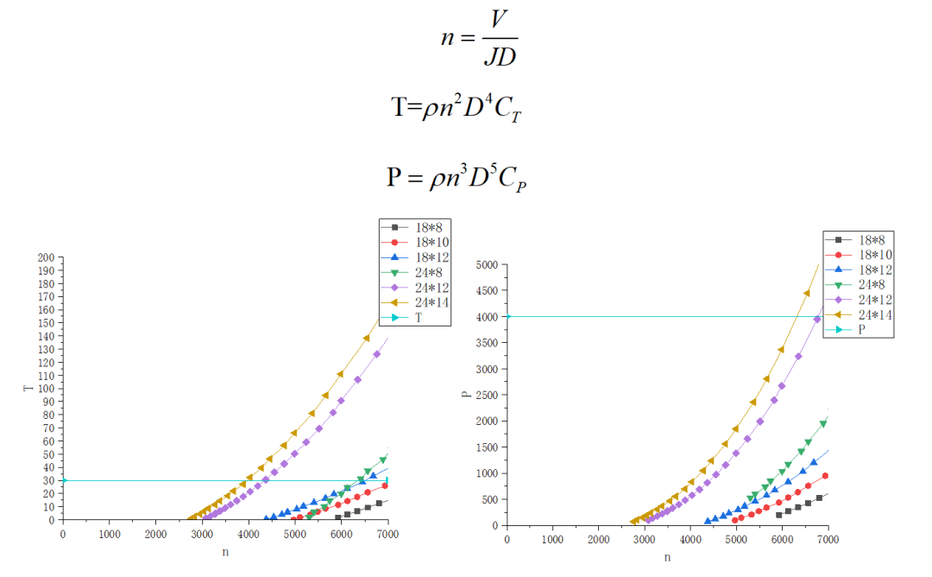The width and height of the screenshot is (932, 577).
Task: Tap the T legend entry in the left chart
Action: pos(414,318)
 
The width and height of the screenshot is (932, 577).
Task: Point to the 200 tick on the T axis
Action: pos(46,257)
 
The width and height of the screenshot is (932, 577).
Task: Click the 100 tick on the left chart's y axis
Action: pos(46,389)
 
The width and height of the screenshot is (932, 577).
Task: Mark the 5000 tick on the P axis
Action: pos(488,264)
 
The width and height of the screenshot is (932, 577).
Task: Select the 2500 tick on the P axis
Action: pos(488,395)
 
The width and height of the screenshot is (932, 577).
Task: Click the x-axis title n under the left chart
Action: pos(225,551)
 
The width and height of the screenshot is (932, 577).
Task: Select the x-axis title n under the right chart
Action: pos(667,557)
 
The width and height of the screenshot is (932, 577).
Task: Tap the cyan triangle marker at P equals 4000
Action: pos(508,316)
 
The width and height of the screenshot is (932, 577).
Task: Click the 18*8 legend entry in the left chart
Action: pos(414,226)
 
